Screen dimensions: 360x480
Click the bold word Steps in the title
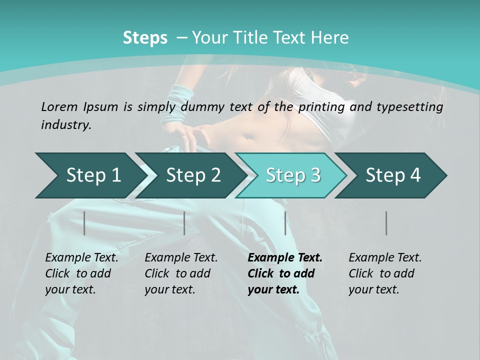pyautogui.click(x=145, y=38)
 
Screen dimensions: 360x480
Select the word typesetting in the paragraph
pyautogui.click(x=411, y=107)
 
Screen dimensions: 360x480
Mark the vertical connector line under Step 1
pyautogui.click(x=84, y=223)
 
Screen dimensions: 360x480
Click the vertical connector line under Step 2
pyautogui.click(x=184, y=223)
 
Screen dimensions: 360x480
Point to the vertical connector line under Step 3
pyautogui.click(x=285, y=223)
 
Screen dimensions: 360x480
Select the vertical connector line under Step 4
pyautogui.click(x=386, y=223)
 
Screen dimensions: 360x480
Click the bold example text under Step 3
pyautogui.click(x=285, y=273)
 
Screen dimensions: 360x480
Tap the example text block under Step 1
pyautogui.click(x=81, y=273)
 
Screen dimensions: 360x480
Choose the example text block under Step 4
pyautogui.click(x=385, y=273)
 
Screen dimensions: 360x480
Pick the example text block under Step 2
pyautogui.click(x=181, y=273)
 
